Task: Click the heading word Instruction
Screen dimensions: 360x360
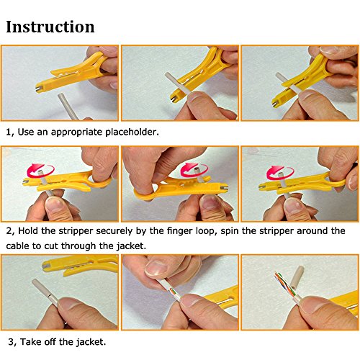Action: (x=50, y=27)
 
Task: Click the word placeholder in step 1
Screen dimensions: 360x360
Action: (x=132, y=132)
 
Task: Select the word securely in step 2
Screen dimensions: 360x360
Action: (x=114, y=231)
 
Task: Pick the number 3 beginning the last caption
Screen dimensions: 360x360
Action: (x=11, y=342)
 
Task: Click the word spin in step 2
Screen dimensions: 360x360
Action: (x=230, y=231)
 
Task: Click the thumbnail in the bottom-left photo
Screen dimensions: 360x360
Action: (x=68, y=303)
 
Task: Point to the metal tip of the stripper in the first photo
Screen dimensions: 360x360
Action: (x=38, y=89)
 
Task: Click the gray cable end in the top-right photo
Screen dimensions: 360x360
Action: (x=280, y=77)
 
